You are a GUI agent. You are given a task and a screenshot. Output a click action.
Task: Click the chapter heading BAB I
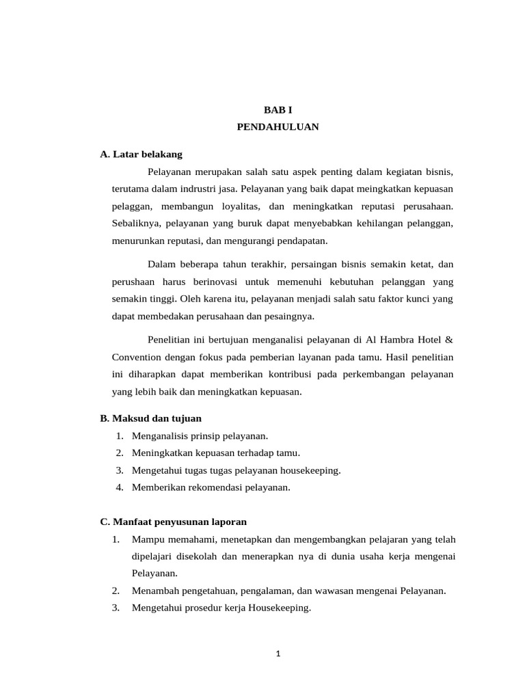tap(278, 109)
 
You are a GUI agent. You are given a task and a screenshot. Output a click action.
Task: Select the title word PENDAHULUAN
tap(278, 127)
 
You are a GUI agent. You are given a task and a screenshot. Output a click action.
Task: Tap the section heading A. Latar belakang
tap(141, 154)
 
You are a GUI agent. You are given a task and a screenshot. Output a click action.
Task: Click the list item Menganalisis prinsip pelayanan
tap(200, 435)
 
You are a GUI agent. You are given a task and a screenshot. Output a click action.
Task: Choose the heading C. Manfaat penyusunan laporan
tap(173, 522)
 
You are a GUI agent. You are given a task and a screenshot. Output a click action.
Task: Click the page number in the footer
tap(278, 654)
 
